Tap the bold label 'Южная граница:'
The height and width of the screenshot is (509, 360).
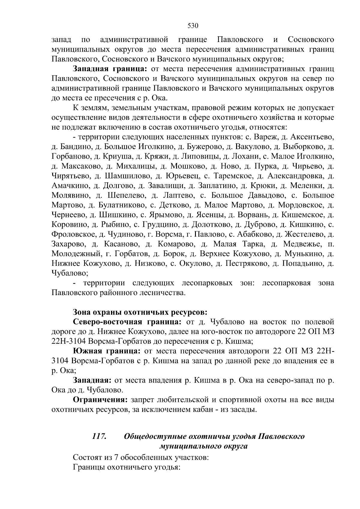click(106, 351)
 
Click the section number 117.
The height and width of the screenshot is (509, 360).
click(99, 436)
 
